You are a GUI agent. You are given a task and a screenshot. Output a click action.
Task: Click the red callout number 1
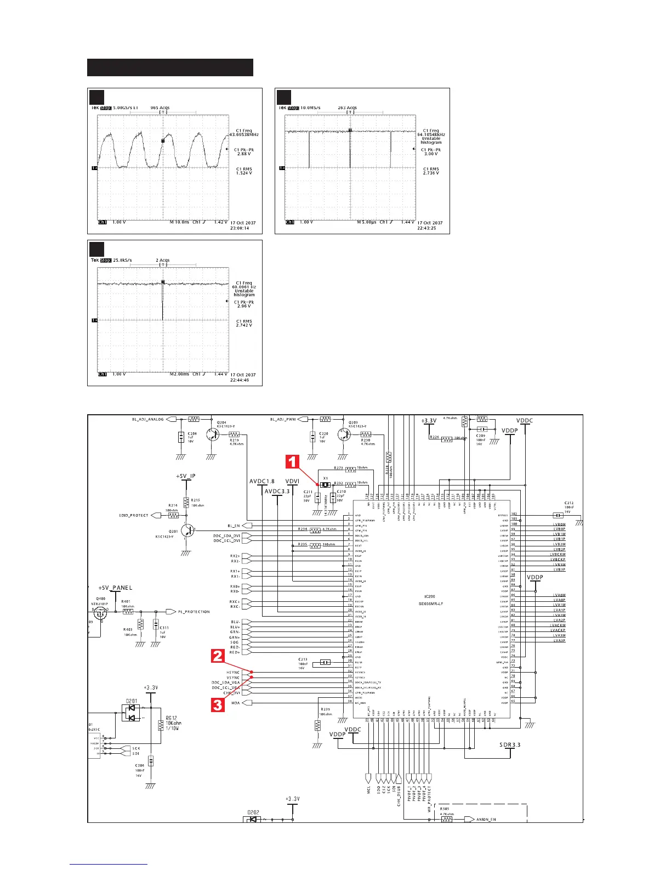point(293,461)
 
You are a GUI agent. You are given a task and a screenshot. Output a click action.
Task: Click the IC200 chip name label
point(429,596)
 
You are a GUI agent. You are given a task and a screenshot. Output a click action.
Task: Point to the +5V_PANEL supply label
point(115,588)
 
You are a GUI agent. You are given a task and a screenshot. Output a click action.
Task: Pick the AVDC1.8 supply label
point(262,482)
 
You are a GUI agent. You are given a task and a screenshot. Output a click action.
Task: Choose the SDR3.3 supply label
point(510,744)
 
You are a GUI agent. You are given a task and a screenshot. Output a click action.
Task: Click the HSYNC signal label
point(233,672)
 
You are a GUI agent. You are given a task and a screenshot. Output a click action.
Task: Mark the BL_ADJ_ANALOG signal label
point(147,419)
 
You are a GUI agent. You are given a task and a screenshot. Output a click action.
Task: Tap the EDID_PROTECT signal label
point(133,516)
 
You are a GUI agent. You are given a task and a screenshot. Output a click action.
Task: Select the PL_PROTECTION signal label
point(194,612)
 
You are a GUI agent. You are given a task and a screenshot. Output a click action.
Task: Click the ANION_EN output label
point(486,820)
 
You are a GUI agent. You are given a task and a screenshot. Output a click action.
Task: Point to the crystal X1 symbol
point(325,485)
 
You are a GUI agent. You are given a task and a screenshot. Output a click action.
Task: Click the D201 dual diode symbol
point(131,712)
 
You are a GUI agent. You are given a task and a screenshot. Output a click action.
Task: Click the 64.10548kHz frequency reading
point(431,134)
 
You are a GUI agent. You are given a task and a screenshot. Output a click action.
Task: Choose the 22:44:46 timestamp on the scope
point(240,380)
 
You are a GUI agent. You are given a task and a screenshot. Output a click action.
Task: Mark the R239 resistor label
point(326,709)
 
